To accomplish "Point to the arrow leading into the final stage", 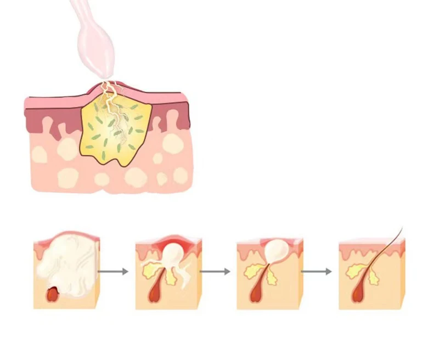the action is click(x=317, y=271).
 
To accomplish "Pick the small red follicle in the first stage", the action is click(x=54, y=295).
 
